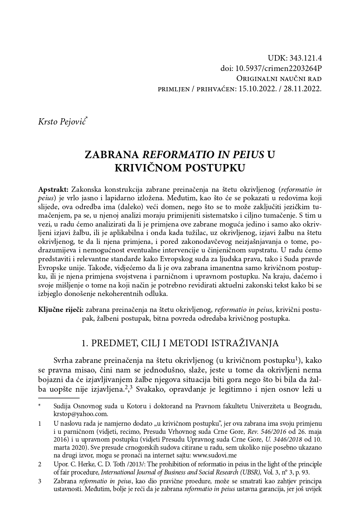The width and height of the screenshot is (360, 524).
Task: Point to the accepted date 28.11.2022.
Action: [x=303, y=89]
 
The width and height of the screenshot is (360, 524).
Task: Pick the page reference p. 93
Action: [x=304, y=472]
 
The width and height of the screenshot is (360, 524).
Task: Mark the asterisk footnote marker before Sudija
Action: [x=40, y=406]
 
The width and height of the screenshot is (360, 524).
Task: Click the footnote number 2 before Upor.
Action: [x=40, y=464]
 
